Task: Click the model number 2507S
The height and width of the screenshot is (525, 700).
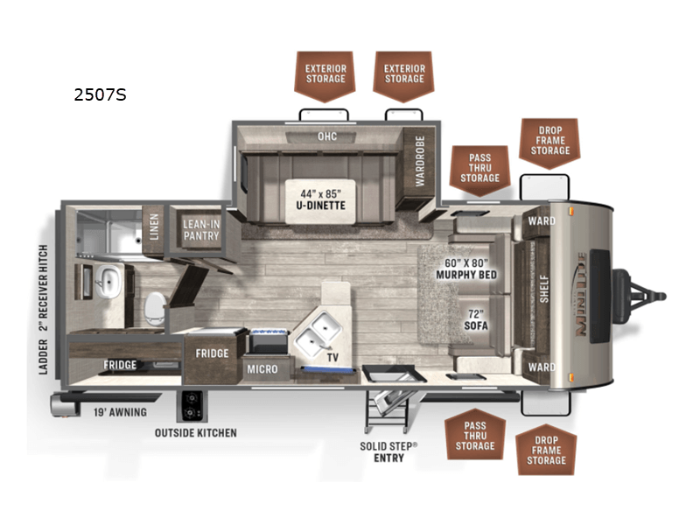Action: tap(100, 94)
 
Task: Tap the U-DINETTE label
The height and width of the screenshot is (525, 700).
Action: tap(320, 206)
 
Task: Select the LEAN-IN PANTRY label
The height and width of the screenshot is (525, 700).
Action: tap(201, 230)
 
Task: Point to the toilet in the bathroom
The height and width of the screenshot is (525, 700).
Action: tap(155, 308)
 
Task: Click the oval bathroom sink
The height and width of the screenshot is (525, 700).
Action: tap(108, 282)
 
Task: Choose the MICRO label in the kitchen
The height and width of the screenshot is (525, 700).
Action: tap(262, 369)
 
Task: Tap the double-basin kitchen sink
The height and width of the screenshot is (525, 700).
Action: tap(318, 334)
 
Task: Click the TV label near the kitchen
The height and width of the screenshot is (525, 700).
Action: tap(332, 357)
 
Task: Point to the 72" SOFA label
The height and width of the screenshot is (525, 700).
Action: tap(475, 319)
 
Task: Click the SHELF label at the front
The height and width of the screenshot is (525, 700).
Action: tap(543, 289)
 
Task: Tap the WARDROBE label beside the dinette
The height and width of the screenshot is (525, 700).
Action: tap(420, 161)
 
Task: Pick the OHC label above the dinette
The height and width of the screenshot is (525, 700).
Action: tap(327, 136)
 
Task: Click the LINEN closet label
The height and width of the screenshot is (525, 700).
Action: tap(154, 227)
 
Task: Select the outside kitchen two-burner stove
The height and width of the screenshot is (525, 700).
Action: tap(192, 406)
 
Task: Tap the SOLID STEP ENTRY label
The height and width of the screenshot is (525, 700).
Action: tap(388, 451)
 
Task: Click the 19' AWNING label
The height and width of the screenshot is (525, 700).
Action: tap(120, 412)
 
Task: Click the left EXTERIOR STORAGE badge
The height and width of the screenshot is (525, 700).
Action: tap(325, 76)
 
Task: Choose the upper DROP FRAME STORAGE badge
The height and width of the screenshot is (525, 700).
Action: tap(549, 143)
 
